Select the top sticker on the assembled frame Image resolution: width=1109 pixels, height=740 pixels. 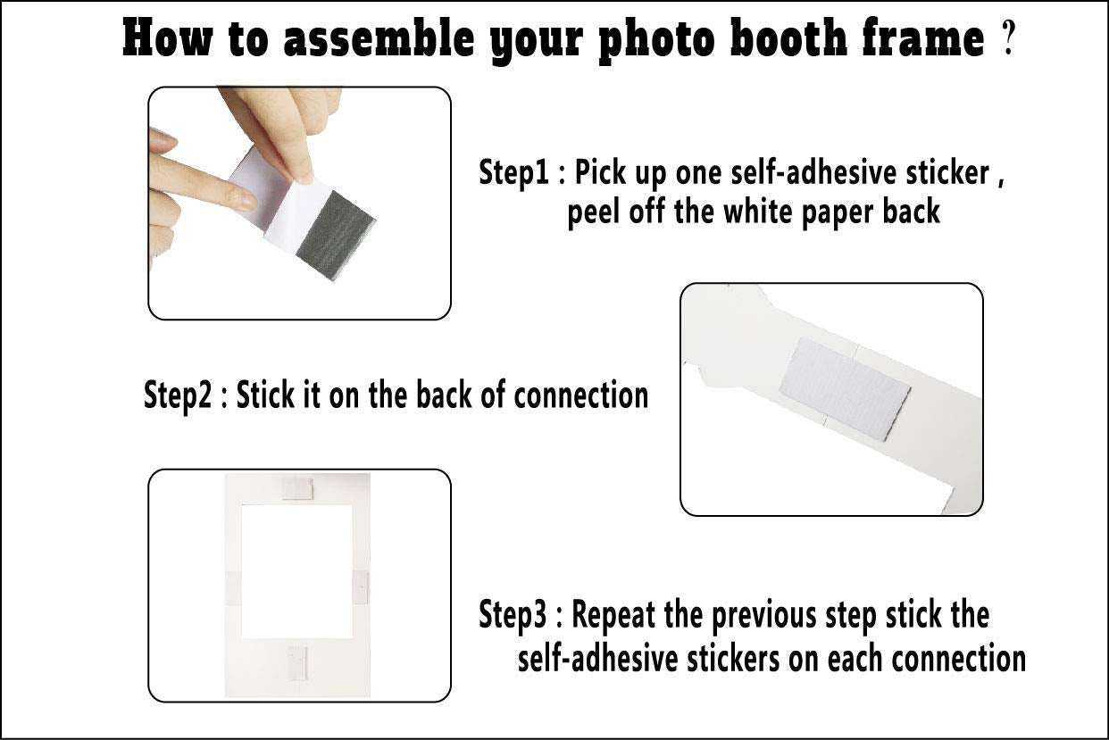[296, 487]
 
